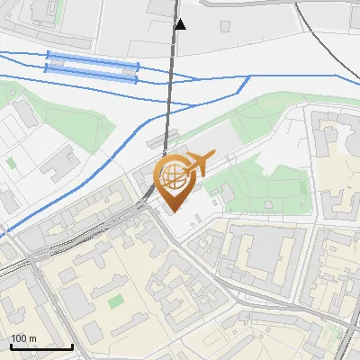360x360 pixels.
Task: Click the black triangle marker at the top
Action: tap(180, 24)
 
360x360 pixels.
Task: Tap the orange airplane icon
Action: tap(197, 165)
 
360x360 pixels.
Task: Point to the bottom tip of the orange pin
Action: tap(171, 212)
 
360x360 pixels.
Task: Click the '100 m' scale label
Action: tap(23, 338)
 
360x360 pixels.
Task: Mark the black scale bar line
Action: tap(41, 346)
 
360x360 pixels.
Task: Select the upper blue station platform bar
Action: tap(93, 58)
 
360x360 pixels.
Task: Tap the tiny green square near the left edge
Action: tap(10, 163)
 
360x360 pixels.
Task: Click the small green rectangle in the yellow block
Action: tap(115, 301)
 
